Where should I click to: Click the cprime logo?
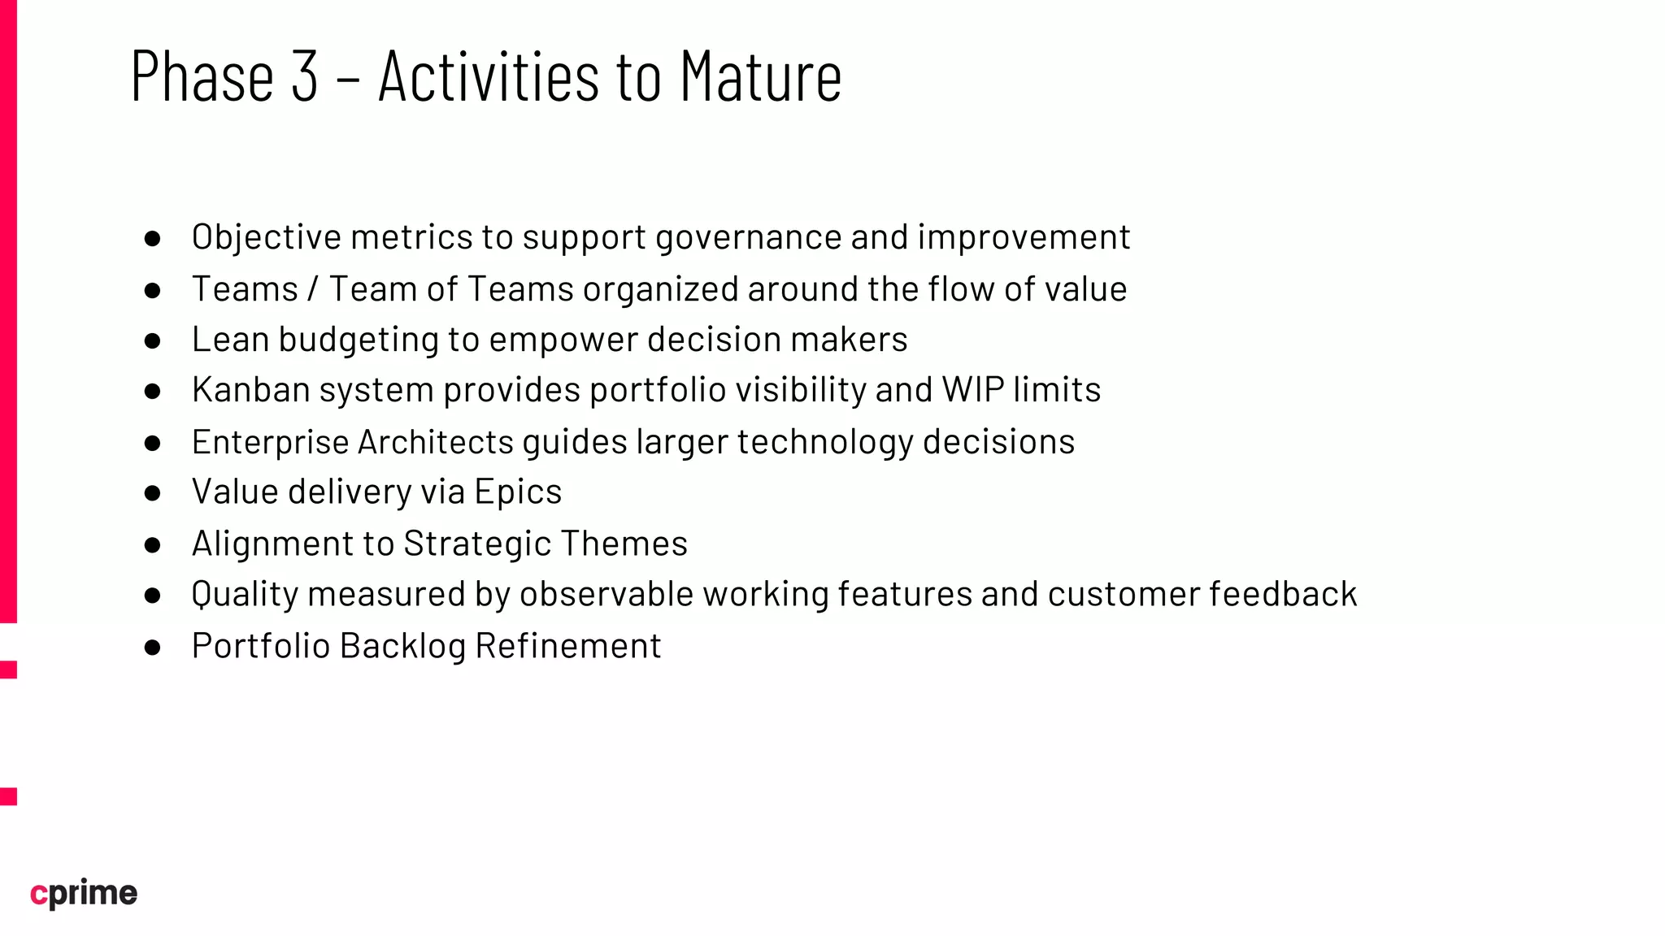click(x=84, y=893)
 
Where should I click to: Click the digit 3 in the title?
click(x=304, y=76)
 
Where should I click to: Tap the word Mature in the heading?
click(x=760, y=76)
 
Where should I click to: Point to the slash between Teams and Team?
click(x=313, y=289)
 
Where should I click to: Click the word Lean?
click(x=230, y=340)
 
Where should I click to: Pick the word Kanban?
click(x=250, y=390)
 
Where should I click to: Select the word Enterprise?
click(x=270, y=442)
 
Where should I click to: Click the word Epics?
click(x=518, y=492)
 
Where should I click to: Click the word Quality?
click(x=245, y=595)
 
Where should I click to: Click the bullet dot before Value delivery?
click(x=152, y=493)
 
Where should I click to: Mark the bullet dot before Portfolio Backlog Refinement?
click(x=152, y=648)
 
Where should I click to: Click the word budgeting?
click(x=358, y=340)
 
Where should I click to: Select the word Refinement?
click(x=567, y=646)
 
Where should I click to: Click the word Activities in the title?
click(x=488, y=76)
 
